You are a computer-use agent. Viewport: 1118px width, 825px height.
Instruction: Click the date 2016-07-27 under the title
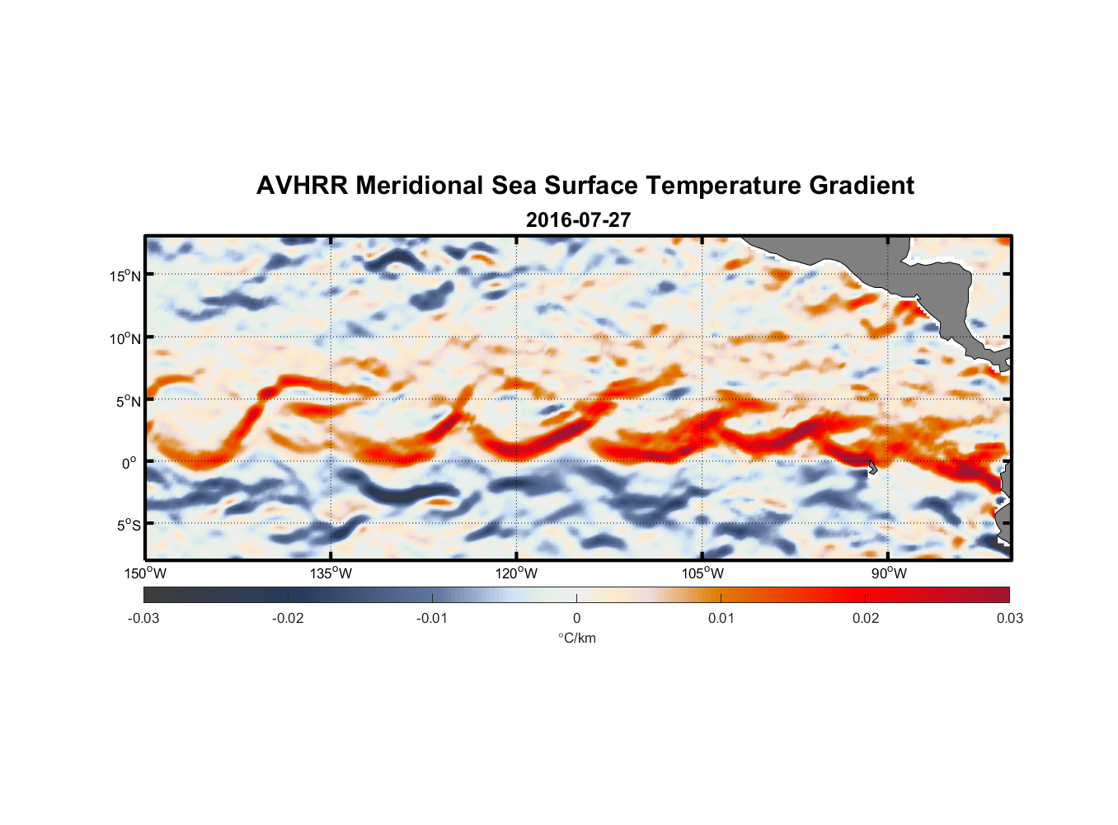[578, 220]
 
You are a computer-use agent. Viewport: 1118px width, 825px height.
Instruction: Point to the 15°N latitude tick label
[125, 276]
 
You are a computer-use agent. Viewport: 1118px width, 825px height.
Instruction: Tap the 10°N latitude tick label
[125, 338]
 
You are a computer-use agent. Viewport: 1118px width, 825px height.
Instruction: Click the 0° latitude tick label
[130, 463]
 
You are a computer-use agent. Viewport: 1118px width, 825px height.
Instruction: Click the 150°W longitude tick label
[145, 573]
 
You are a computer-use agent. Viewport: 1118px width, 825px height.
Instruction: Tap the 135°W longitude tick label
[331, 573]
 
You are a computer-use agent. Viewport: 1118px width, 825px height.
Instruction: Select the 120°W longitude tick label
[516, 573]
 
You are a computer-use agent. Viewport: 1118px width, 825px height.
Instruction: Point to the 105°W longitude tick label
[702, 573]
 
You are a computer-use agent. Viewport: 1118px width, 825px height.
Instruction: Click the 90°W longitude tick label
[889, 573]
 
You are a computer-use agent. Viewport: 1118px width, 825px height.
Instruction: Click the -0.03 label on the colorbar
[143, 618]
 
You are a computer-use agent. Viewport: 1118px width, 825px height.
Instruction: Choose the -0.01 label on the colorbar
[432, 618]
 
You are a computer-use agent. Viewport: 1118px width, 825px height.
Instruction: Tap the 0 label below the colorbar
[576, 618]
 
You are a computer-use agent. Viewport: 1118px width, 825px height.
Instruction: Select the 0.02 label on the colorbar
[866, 618]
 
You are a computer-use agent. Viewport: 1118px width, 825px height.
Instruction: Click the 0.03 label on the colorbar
[1009, 618]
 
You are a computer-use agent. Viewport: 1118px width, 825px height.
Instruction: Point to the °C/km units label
[576, 638]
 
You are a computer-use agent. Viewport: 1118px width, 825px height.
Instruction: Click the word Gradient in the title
[862, 186]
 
